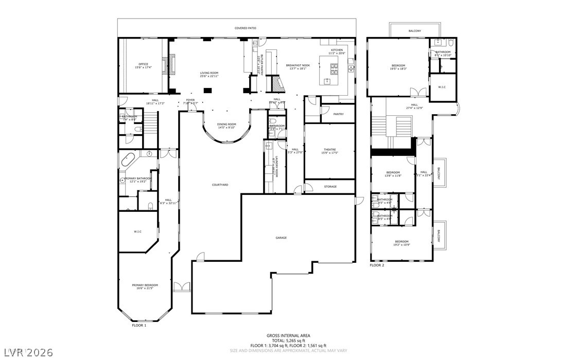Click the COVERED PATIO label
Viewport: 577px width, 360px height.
pyautogui.click(x=245, y=28)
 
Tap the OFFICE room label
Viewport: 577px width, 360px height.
pyautogui.click(x=143, y=64)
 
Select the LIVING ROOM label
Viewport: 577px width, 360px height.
pyautogui.click(x=209, y=73)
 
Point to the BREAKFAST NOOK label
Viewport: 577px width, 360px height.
pyautogui.click(x=298, y=65)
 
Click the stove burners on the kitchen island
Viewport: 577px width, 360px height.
pyautogui.click(x=334, y=66)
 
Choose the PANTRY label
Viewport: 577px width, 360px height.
pyautogui.click(x=338, y=114)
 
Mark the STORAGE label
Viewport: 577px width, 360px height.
pyautogui.click(x=330, y=186)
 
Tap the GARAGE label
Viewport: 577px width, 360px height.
pyautogui.click(x=281, y=238)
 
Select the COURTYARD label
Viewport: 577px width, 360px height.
pyautogui.click(x=220, y=185)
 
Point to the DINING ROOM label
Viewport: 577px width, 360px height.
pyautogui.click(x=226, y=124)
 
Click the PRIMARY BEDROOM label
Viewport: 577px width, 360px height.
pyautogui.click(x=145, y=285)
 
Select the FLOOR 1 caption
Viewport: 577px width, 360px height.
pyautogui.click(x=139, y=326)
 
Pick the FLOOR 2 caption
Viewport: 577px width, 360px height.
pyautogui.click(x=377, y=265)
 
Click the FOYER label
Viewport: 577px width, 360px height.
pyautogui.click(x=190, y=100)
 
